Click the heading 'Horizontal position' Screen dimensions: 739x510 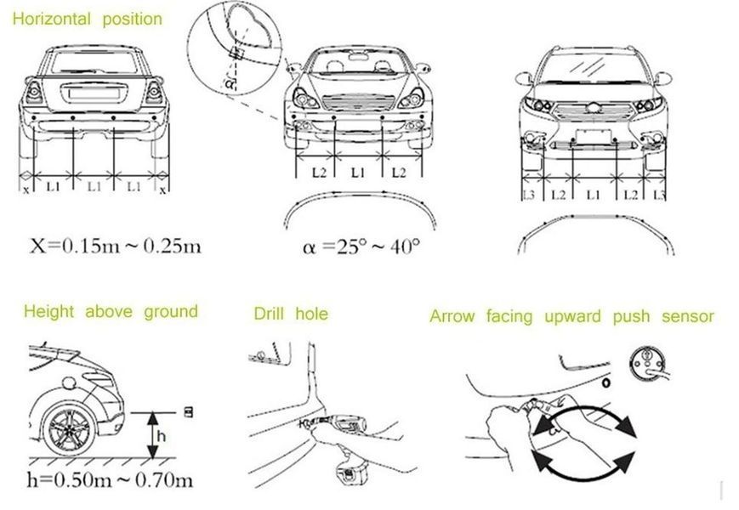pyautogui.click(x=88, y=20)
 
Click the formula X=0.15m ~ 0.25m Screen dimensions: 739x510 pyautogui.click(x=116, y=246)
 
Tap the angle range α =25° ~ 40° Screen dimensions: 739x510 pyautogui.click(x=361, y=246)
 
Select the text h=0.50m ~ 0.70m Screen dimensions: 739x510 pyautogui.click(x=111, y=480)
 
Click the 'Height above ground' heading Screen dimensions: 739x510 pyautogui.click(x=111, y=312)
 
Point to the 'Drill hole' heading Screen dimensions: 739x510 pyautogui.click(x=291, y=314)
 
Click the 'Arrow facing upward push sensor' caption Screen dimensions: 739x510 pyautogui.click(x=571, y=316)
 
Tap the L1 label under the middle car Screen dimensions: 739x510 pyautogui.click(x=358, y=173)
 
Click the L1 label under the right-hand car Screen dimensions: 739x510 pyautogui.click(x=594, y=194)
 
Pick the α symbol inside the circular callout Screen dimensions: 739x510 pyautogui.click(x=230, y=84)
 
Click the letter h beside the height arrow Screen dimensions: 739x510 pyautogui.click(x=162, y=435)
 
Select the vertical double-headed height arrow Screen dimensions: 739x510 pyautogui.click(x=153, y=435)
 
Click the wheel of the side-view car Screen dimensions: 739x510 pyautogui.click(x=68, y=430)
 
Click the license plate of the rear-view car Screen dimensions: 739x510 pyautogui.click(x=94, y=93)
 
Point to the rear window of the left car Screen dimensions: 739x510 pyautogui.click(x=94, y=63)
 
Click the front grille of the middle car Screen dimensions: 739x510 pyautogui.click(x=359, y=103)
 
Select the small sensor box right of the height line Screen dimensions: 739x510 pyautogui.click(x=189, y=412)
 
